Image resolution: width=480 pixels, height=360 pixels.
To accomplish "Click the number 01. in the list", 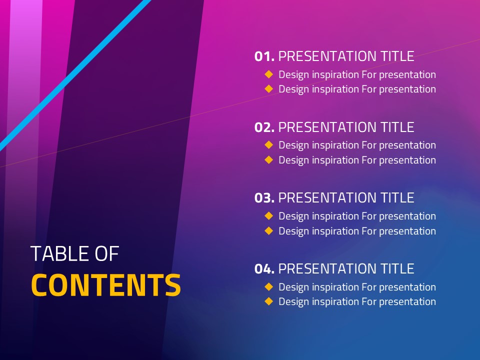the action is point(264,56).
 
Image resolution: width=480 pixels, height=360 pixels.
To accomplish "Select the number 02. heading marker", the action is point(264,127).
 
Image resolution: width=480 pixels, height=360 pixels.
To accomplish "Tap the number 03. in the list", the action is point(264,198).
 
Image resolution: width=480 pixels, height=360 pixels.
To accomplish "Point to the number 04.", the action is point(264,269).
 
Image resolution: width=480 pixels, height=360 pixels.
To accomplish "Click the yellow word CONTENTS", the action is point(106,285).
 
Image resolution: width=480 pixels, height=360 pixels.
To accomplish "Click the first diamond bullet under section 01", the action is point(269,74).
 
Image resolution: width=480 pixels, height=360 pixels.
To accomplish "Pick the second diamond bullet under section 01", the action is point(269,89).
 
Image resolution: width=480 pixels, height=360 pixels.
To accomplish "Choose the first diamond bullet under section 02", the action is point(269,145).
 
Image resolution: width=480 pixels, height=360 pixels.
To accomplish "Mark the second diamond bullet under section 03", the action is point(269,230).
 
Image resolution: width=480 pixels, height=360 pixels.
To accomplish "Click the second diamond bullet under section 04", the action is point(269,301).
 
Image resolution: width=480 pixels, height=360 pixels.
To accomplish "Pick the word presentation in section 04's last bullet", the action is point(407,302).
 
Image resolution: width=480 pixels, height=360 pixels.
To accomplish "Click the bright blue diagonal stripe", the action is point(75,75).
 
